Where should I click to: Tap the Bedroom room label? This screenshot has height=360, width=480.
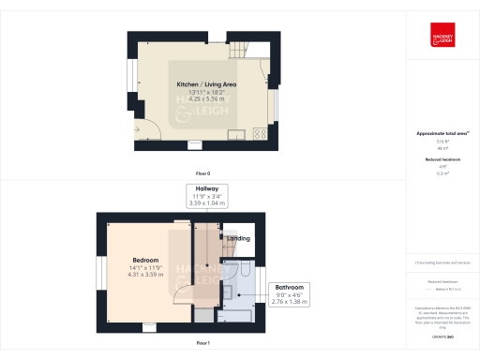pos(145,260)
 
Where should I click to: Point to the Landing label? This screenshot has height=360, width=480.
pos(238,238)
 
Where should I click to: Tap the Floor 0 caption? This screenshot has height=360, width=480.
pos(202,174)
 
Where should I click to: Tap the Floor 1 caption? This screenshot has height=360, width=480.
pos(202,344)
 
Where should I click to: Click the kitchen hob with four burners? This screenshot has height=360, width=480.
pos(259,133)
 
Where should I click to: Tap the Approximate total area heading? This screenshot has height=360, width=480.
pos(442,133)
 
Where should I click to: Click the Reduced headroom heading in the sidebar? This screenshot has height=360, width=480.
pos(442,160)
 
